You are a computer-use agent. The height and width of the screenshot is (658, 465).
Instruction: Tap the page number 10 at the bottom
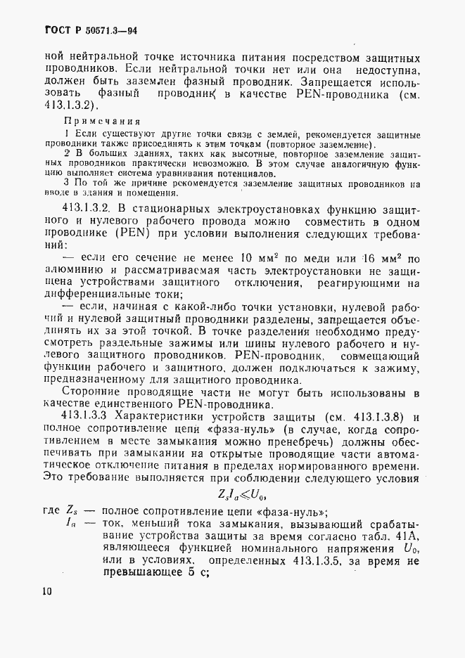coord(46,591)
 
